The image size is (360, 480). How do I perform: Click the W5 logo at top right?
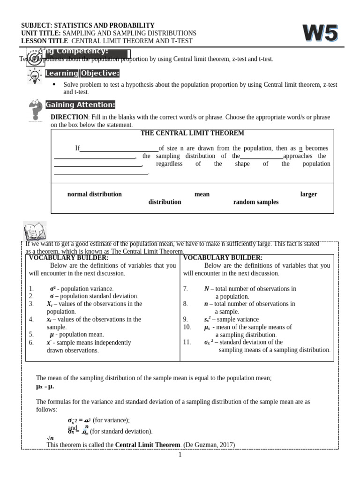(320, 34)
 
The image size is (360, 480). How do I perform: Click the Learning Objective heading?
(82, 73)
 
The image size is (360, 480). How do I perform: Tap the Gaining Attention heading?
(80, 105)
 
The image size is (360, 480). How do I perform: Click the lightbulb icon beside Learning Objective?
(34, 76)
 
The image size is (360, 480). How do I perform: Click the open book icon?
(34, 232)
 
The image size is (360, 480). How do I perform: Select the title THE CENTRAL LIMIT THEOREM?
(192, 133)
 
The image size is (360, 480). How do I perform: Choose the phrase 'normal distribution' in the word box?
(94, 194)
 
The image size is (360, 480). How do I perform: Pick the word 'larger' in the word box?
(308, 194)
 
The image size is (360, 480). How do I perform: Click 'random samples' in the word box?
(255, 202)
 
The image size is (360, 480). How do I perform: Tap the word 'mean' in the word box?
(202, 194)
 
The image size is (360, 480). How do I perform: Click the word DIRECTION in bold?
(69, 117)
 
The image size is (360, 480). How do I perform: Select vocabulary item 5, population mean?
(77, 335)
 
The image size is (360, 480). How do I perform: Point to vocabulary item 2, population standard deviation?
(94, 296)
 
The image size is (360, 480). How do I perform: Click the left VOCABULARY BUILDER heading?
(68, 258)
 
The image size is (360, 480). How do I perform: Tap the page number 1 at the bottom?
(180, 455)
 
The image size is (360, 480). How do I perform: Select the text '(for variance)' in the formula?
(111, 420)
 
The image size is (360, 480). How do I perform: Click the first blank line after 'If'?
(119, 149)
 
